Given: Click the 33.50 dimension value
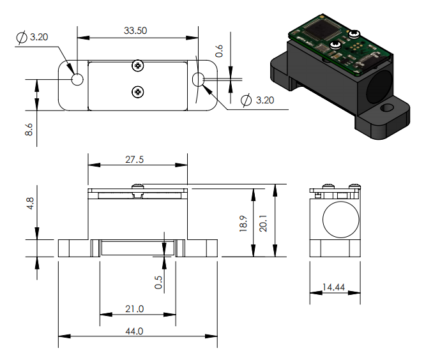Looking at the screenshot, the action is [135, 31].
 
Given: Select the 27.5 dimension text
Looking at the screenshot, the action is [135, 160].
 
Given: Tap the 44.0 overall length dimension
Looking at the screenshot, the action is [135, 331].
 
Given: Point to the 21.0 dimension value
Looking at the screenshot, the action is [135, 309].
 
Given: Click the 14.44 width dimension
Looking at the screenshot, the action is [334, 287].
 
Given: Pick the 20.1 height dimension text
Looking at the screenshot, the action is [263, 223].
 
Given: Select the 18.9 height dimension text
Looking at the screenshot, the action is [243, 223].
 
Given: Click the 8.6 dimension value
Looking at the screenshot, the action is [29, 130].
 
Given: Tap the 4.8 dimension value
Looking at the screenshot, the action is [30, 204].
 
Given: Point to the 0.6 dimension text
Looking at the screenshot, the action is [219, 51].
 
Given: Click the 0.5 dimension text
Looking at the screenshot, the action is [158, 282].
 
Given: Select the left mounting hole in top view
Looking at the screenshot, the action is [77, 80].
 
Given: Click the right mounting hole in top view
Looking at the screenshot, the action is [198, 80].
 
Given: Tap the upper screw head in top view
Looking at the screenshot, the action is [137, 66].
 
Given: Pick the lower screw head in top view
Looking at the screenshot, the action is [137, 92].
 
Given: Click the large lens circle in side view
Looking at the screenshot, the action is [341, 220].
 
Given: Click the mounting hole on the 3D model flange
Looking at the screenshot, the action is [387, 108].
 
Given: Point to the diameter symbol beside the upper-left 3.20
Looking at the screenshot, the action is [22, 37].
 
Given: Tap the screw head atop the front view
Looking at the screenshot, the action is [137, 186].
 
